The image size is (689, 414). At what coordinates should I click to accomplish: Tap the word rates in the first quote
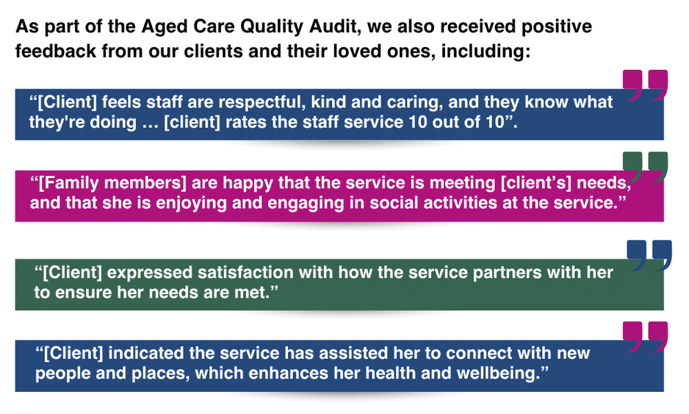[x=246, y=122]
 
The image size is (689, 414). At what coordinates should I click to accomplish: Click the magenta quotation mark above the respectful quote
[x=645, y=85]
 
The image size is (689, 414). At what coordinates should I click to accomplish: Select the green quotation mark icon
[x=645, y=167]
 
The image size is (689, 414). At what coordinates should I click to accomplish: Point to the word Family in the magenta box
[x=70, y=183]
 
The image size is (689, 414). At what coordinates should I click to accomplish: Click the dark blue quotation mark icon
[x=649, y=255]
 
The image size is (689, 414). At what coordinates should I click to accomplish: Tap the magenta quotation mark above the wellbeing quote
[x=645, y=337]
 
